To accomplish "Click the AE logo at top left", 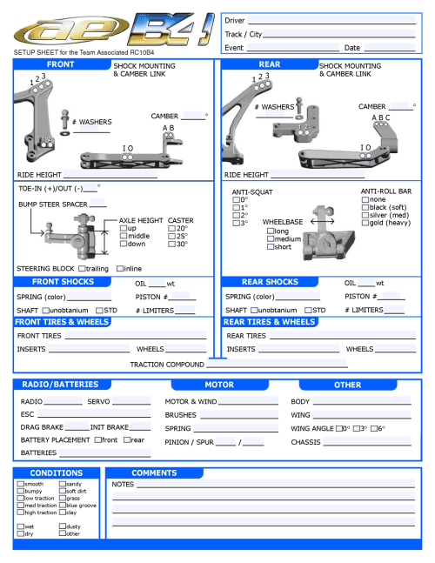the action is click(65, 34).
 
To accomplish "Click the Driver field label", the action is click(234, 20).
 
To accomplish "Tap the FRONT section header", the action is click(60, 64).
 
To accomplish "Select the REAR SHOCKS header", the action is click(270, 282).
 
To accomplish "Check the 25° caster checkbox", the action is click(171, 237).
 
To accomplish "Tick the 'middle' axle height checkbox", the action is click(123, 237).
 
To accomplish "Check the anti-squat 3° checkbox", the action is click(236, 223).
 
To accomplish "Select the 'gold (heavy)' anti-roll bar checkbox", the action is click(365, 223).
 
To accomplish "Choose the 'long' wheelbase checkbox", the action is click(271, 231).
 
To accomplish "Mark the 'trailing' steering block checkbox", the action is click(81, 268).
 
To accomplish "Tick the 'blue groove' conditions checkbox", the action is click(63, 506).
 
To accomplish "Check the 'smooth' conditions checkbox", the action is click(21, 484).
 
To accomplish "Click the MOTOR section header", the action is click(218, 385).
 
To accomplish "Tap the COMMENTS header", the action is click(154, 473).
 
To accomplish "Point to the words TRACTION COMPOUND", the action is click(166, 365).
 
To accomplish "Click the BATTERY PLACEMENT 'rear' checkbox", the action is click(127, 439).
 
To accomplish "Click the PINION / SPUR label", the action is click(191, 442).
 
